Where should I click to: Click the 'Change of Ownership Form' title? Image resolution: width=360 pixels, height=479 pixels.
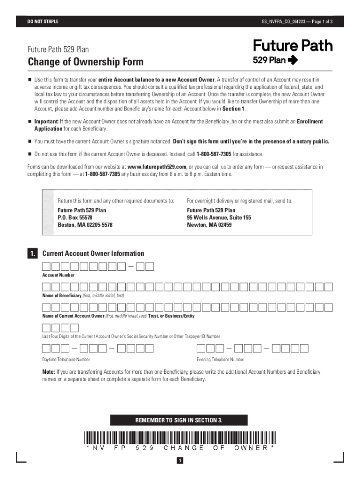[x=86, y=62]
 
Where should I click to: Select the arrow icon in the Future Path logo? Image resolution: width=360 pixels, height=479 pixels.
[x=293, y=60]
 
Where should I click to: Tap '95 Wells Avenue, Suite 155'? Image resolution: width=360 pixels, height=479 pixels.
[x=219, y=218]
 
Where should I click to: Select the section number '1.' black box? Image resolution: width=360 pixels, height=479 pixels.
[x=32, y=254]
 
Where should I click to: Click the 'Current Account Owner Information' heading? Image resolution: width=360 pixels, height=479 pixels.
[x=93, y=254]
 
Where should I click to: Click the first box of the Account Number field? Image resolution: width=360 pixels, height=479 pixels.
[x=47, y=267]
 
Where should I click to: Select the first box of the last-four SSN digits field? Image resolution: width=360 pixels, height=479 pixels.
[x=47, y=327]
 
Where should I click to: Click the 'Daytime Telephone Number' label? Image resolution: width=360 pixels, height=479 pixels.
[x=66, y=360]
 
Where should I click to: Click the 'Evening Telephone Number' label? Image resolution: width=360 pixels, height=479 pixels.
[x=220, y=360]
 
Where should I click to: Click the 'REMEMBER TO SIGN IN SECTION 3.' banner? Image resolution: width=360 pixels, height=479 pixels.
[x=179, y=420]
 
